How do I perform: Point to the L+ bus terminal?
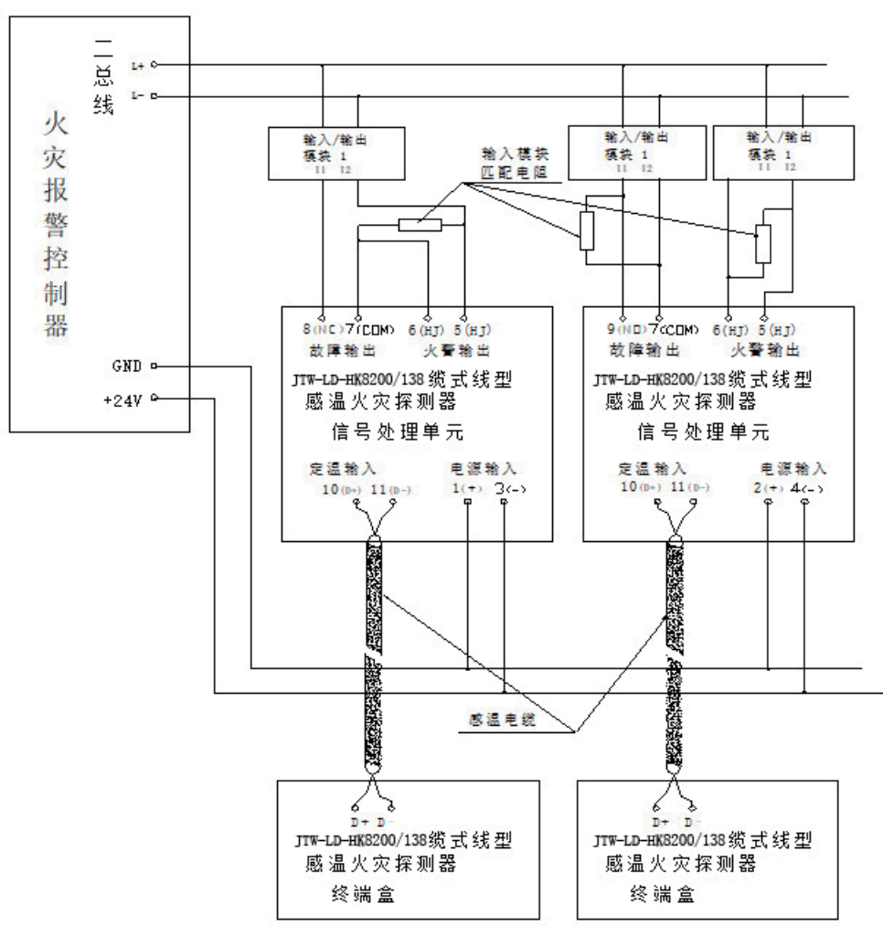pos(138,65)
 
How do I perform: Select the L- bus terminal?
pos(138,96)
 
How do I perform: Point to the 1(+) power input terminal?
pos(467,490)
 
